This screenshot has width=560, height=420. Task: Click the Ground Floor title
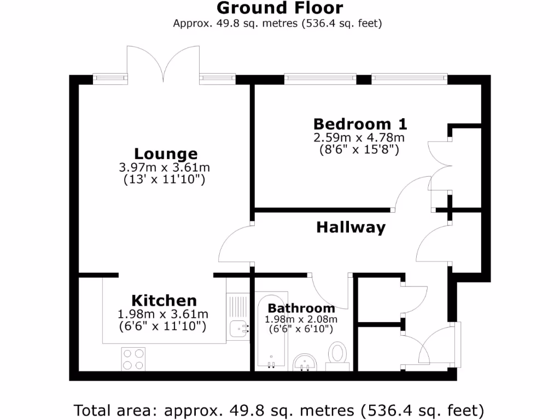click(280, 8)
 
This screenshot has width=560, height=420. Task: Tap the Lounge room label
click(166, 154)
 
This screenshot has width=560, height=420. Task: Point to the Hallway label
click(351, 227)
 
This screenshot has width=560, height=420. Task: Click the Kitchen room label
click(164, 300)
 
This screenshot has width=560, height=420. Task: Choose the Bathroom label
click(301, 308)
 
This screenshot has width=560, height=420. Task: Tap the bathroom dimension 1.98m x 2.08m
click(301, 319)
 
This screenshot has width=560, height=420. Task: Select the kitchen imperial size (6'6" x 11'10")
click(163, 326)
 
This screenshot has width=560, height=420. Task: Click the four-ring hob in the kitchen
click(133, 359)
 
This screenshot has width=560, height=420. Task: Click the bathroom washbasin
click(305, 361)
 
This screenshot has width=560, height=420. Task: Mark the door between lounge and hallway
click(235, 244)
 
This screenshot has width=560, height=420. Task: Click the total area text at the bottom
click(279, 410)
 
